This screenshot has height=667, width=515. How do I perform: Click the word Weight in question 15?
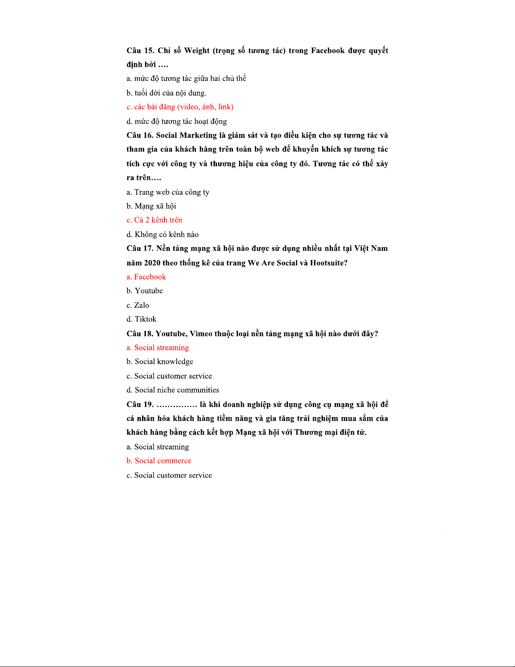197,50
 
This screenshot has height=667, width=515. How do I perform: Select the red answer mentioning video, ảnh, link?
180,107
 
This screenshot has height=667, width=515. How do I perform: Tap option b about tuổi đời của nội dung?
166,93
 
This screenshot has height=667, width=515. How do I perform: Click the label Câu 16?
140,136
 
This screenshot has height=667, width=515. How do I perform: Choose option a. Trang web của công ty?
168,192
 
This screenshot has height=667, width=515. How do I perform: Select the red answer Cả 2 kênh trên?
154,220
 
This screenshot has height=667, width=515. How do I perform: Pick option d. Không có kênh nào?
163,235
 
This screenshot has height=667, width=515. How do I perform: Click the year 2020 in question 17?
152,263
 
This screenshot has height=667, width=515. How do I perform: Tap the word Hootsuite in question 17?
328,263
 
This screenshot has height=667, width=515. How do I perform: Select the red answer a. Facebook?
146,277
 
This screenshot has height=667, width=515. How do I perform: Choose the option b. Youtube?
145,291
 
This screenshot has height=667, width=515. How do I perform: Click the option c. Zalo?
138,306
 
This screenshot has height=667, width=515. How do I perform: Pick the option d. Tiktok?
141,319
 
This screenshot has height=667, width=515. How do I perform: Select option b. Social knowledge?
160,362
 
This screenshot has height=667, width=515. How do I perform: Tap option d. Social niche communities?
173,390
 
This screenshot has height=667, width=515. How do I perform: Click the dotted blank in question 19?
177,405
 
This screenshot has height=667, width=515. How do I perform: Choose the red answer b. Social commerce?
159,461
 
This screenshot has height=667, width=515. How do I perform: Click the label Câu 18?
140,334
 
